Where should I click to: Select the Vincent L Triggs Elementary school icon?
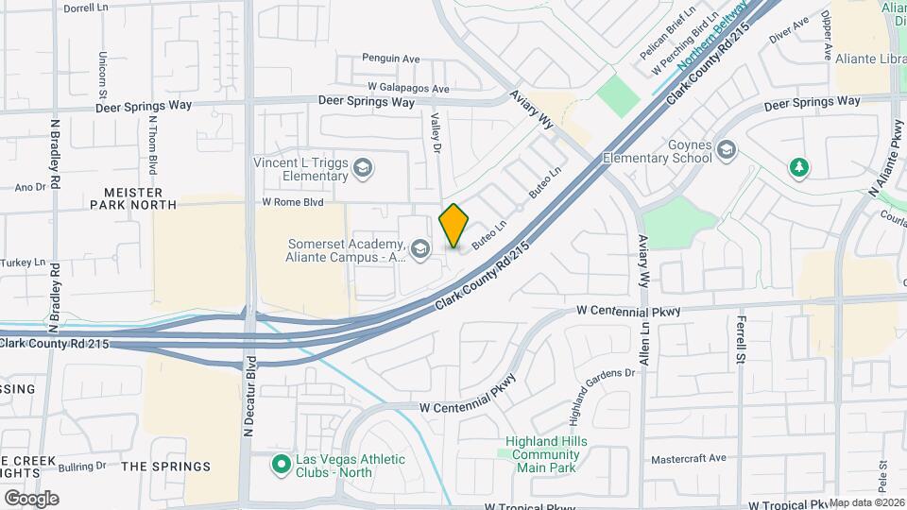(x=364, y=169)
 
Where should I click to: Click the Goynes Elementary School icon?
(x=726, y=150)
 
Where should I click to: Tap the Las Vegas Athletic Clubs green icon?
(x=281, y=465)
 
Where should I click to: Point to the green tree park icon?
(x=799, y=167)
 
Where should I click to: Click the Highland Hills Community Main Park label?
(x=546, y=454)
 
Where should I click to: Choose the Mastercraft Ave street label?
(x=686, y=459)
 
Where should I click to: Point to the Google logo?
(x=31, y=498)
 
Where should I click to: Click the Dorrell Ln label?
(x=86, y=8)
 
